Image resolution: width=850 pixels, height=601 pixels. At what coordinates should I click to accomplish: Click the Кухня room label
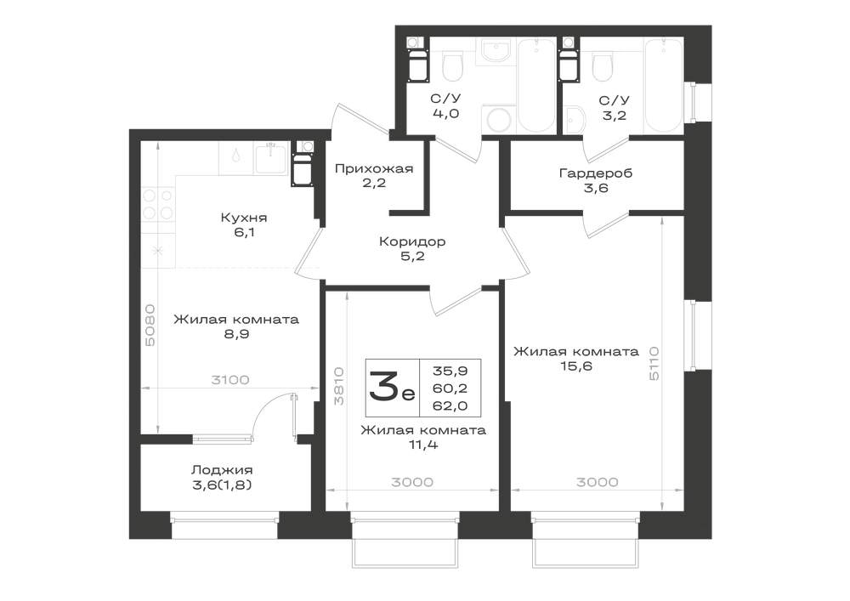[244, 218]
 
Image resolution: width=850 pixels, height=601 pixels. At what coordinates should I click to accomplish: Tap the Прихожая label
[374, 168]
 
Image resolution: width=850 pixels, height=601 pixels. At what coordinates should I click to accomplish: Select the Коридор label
[412, 241]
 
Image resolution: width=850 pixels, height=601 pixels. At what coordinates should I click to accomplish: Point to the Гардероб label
[596, 174]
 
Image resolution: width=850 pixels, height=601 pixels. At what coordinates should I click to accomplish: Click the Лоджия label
[222, 470]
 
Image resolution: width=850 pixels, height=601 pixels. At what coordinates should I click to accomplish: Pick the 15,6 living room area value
[576, 367]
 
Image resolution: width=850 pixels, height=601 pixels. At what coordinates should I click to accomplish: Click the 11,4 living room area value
[423, 445]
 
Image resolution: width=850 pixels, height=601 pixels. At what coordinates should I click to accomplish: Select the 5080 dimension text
[150, 326]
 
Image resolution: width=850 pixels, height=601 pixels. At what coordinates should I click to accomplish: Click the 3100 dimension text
[230, 380]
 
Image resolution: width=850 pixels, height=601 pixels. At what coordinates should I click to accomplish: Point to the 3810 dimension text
[339, 387]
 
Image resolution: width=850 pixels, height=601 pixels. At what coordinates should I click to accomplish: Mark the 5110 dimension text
[654, 363]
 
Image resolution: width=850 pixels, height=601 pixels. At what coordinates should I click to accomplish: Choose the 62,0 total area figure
[450, 405]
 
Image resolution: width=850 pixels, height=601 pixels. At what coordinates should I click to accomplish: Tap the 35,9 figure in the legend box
[450, 371]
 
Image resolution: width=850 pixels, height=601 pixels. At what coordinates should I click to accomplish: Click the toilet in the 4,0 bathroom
[453, 65]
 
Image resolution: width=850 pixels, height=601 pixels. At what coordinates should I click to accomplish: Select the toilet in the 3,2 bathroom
[603, 65]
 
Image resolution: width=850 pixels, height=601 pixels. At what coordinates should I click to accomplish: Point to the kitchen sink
[270, 158]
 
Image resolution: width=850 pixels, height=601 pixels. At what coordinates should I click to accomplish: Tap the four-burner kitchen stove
[158, 203]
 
